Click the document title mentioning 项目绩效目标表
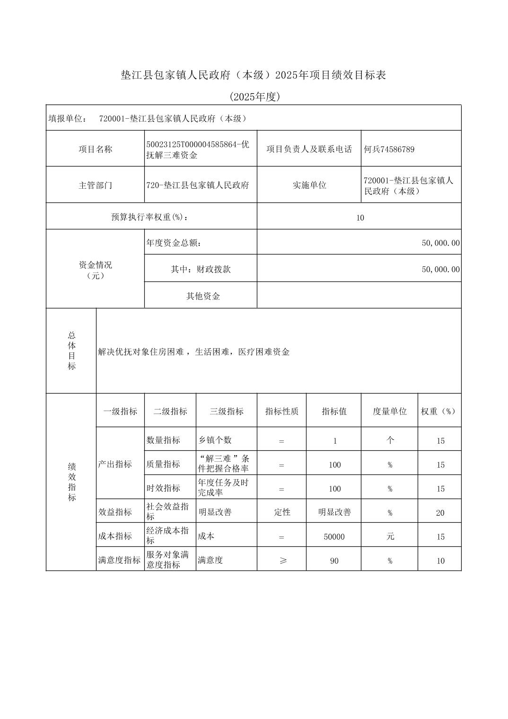(x=254, y=75)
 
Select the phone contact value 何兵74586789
(x=389, y=149)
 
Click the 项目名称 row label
(x=95, y=149)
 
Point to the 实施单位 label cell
(x=309, y=185)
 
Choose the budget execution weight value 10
(x=360, y=218)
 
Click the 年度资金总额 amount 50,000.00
(x=440, y=243)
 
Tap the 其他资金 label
(x=203, y=297)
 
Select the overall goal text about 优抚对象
(x=193, y=352)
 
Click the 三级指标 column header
(x=227, y=412)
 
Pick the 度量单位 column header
(x=389, y=412)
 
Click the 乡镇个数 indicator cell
(x=215, y=440)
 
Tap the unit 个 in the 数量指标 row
(x=390, y=440)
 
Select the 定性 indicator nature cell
(x=282, y=512)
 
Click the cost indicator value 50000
(x=334, y=537)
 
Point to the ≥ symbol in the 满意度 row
(x=282, y=561)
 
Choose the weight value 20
(x=440, y=513)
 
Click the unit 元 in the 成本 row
(x=390, y=536)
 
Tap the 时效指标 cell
(x=163, y=488)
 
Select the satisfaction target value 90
(x=334, y=561)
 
